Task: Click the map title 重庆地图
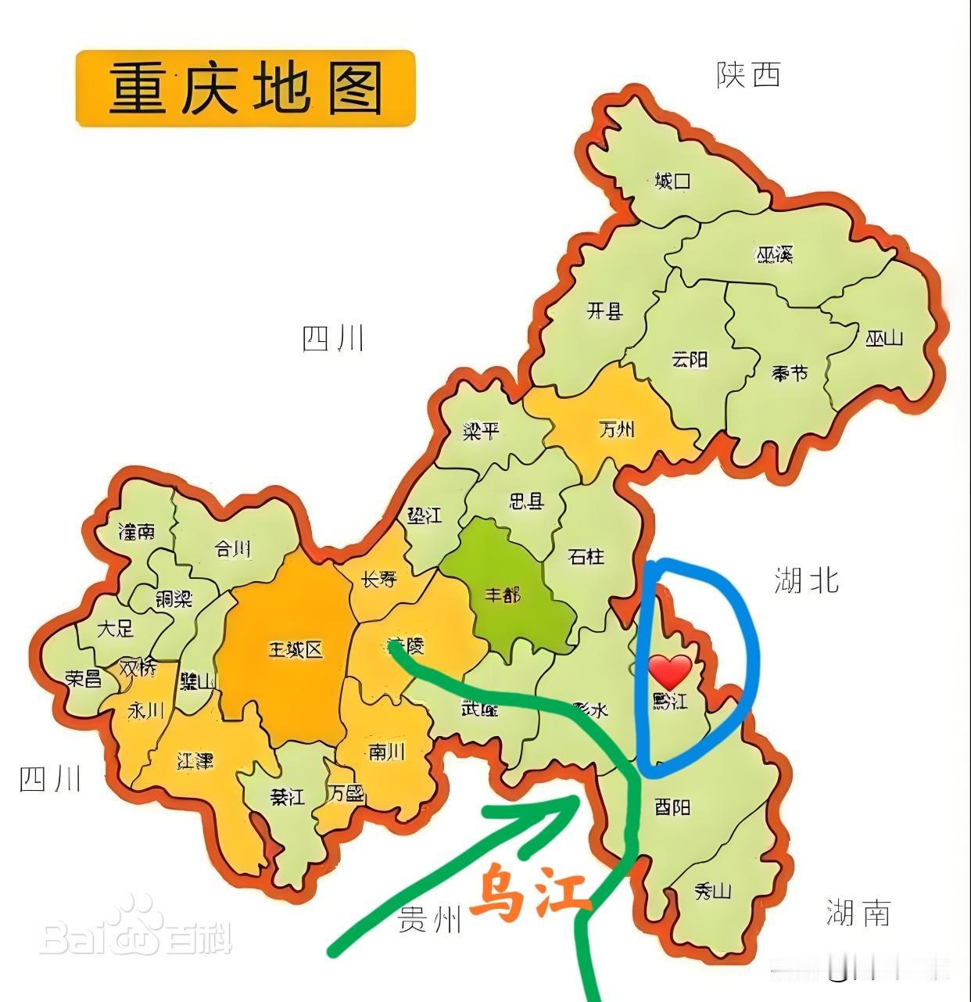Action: (245, 88)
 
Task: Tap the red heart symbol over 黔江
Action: (671, 673)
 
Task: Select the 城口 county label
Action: (672, 181)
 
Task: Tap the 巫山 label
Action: (884, 338)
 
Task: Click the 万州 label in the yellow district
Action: (617, 429)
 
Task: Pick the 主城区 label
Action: (296, 649)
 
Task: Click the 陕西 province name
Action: (748, 75)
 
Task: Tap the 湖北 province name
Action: (806, 580)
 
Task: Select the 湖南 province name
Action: (858, 912)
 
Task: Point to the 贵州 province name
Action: (430, 921)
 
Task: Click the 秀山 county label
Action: (712, 890)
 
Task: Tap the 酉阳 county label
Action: (672, 806)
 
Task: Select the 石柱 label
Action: (586, 556)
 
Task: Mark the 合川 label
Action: (233, 549)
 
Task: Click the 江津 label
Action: (195, 760)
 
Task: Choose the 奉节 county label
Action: (790, 372)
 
